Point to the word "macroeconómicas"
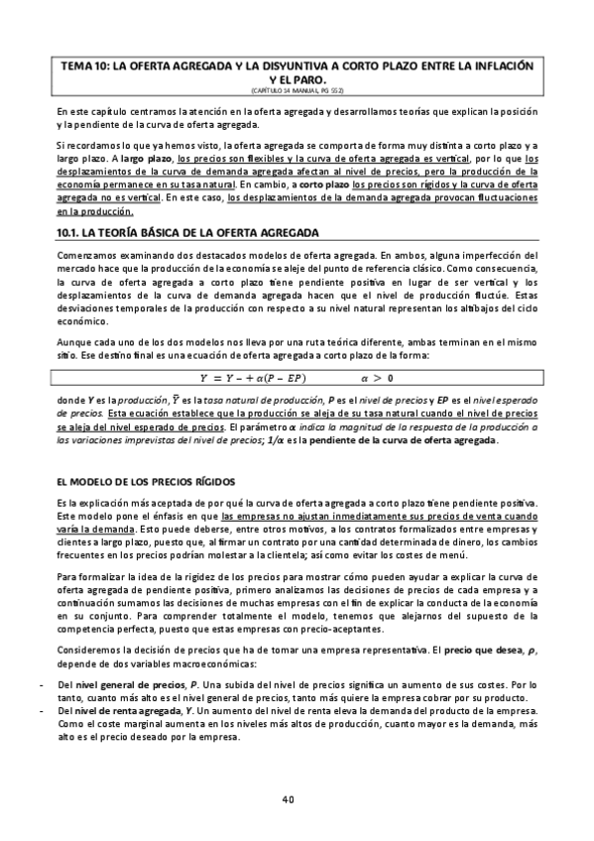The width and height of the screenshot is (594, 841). [210, 662]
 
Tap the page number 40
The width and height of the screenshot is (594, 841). [288, 798]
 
